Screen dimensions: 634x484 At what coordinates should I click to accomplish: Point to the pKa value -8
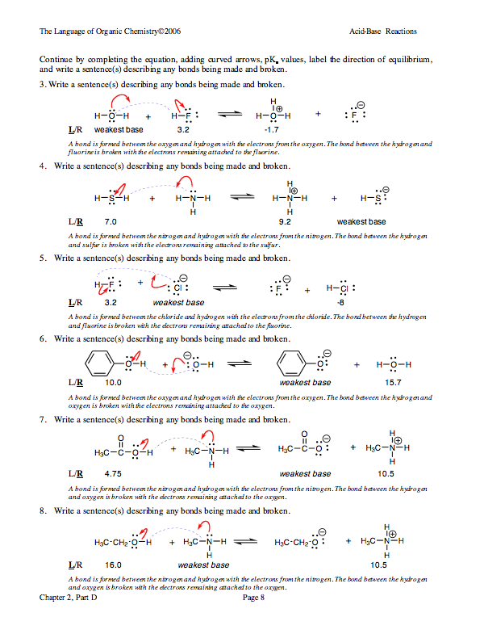click(x=340, y=302)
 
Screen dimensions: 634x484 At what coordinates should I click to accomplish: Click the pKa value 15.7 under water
click(x=394, y=382)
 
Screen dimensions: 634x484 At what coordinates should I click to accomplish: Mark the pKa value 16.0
click(x=113, y=565)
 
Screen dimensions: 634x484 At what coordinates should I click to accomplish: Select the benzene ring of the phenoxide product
click(x=293, y=363)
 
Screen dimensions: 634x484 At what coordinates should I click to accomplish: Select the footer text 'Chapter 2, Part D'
click(x=69, y=598)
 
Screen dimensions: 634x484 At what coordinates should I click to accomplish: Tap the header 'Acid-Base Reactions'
click(x=383, y=31)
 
